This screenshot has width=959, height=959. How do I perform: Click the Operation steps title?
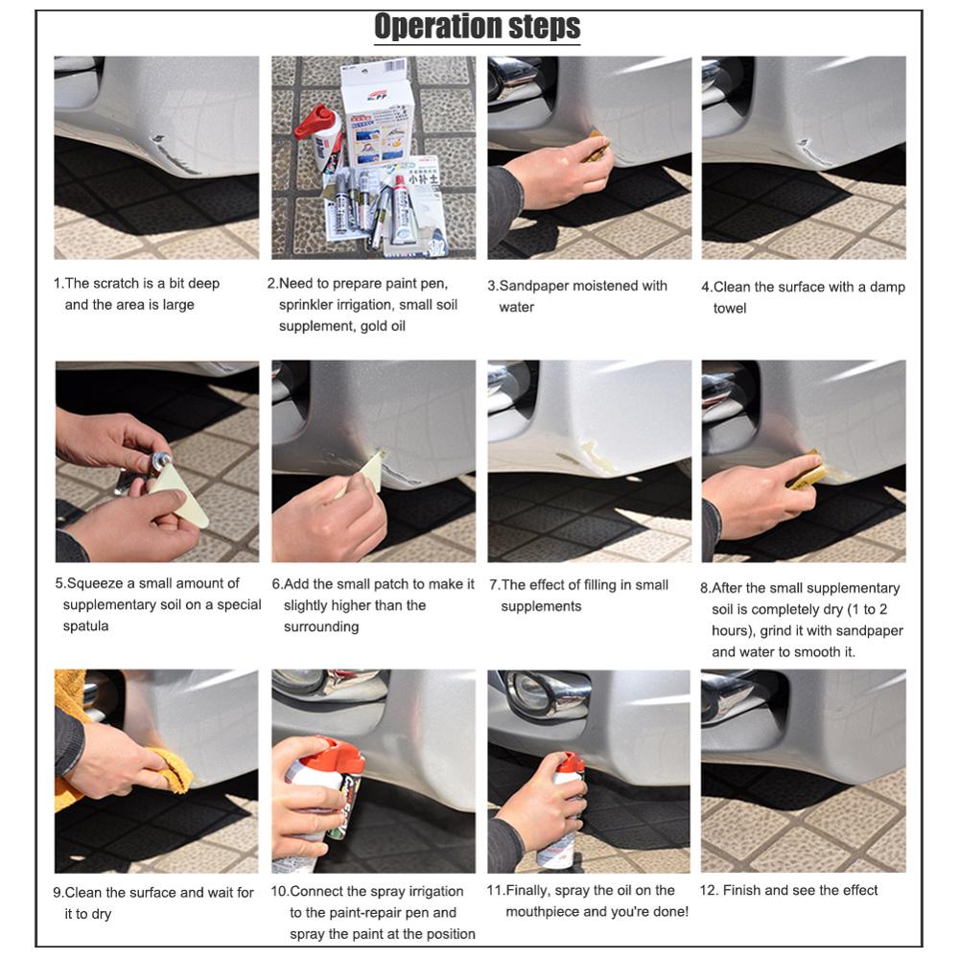[x=477, y=26]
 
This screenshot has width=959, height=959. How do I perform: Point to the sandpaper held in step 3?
[x=597, y=145]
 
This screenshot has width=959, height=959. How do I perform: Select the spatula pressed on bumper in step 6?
[x=369, y=471]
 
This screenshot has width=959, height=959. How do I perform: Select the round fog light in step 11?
[x=530, y=690]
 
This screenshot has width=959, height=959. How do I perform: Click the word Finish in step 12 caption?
[x=744, y=890]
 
